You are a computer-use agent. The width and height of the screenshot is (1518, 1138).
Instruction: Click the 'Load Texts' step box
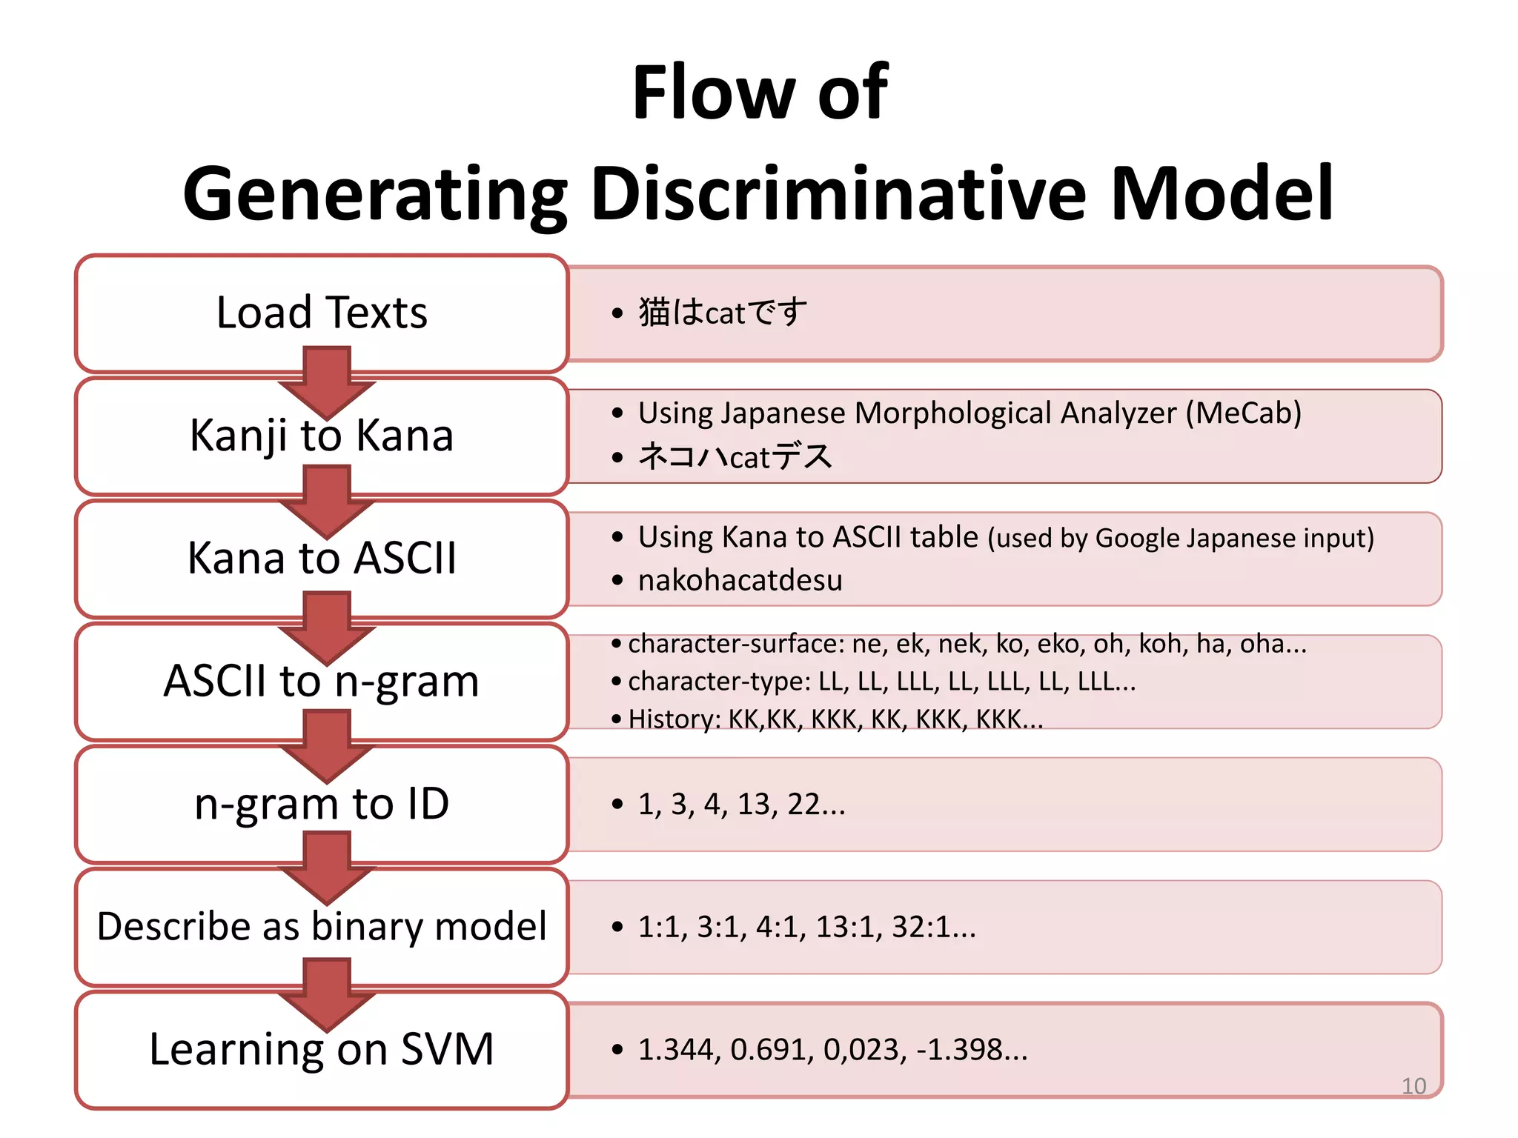tap(322, 312)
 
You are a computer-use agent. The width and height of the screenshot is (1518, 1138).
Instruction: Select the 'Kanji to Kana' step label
tap(322, 435)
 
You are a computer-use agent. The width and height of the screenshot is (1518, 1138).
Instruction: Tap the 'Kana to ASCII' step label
tap(322, 558)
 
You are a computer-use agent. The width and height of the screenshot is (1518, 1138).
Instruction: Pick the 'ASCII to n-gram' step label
tap(322, 681)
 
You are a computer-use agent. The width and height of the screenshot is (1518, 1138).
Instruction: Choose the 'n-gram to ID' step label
tap(322, 804)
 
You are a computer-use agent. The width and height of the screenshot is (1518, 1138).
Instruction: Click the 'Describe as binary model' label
tap(322, 927)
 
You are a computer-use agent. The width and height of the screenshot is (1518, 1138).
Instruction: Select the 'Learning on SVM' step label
tap(322, 1049)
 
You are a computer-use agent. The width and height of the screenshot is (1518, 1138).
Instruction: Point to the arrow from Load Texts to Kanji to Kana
tap(327, 382)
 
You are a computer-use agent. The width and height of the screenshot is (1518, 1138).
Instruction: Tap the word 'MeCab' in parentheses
tap(1243, 413)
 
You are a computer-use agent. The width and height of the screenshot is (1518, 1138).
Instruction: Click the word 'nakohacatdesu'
tap(740, 580)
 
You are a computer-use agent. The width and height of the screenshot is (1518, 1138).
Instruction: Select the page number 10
tap(1413, 1086)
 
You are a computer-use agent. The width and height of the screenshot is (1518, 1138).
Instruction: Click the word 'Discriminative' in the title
tap(838, 194)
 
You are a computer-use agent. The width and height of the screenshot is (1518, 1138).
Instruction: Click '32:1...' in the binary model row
tap(933, 927)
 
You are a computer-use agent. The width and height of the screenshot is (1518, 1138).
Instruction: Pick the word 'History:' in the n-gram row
tap(674, 719)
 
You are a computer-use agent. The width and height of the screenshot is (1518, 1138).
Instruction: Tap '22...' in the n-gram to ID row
tap(815, 805)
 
